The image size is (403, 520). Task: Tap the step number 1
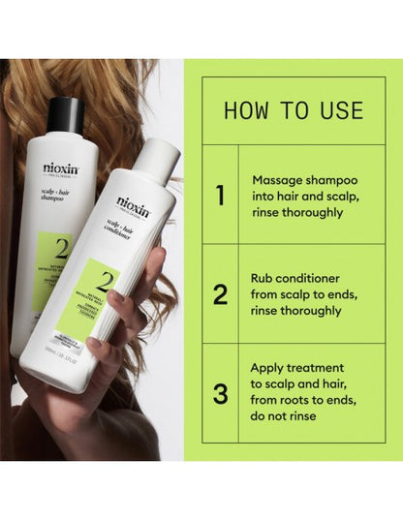[220, 196]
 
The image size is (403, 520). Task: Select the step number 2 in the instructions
[221, 293]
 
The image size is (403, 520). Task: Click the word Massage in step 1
[276, 180]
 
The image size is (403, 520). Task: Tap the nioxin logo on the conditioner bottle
[133, 204]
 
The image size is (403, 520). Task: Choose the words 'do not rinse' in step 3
[286, 416]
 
